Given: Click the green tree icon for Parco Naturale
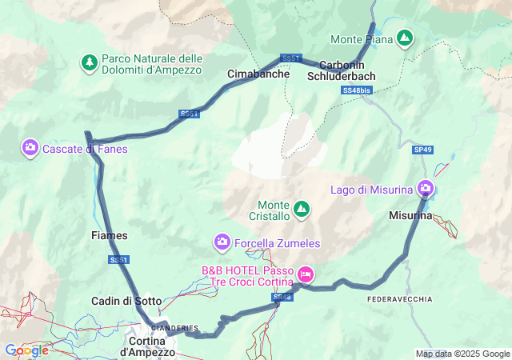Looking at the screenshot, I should click(90, 61).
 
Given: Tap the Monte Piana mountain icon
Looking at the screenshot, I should click(406, 38).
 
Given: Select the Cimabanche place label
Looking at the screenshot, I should click(258, 74).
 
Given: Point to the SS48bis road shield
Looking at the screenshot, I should click(356, 91).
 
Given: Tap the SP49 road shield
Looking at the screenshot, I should click(422, 150).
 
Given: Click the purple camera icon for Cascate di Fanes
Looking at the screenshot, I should click(30, 147).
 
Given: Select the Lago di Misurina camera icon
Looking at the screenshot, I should click(425, 189).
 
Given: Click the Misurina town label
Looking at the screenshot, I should click(410, 216).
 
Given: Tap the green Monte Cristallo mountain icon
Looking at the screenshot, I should click(302, 210).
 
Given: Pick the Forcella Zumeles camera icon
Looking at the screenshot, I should click(222, 241).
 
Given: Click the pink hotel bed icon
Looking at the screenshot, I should click(305, 275).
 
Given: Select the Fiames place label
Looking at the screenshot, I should click(110, 235).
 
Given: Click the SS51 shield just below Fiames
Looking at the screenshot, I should click(118, 260).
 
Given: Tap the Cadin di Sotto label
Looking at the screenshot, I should click(126, 302).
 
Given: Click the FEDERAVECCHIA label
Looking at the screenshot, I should click(400, 298).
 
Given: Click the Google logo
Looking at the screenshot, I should click(26, 350).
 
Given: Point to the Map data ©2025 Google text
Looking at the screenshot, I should click(462, 354).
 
